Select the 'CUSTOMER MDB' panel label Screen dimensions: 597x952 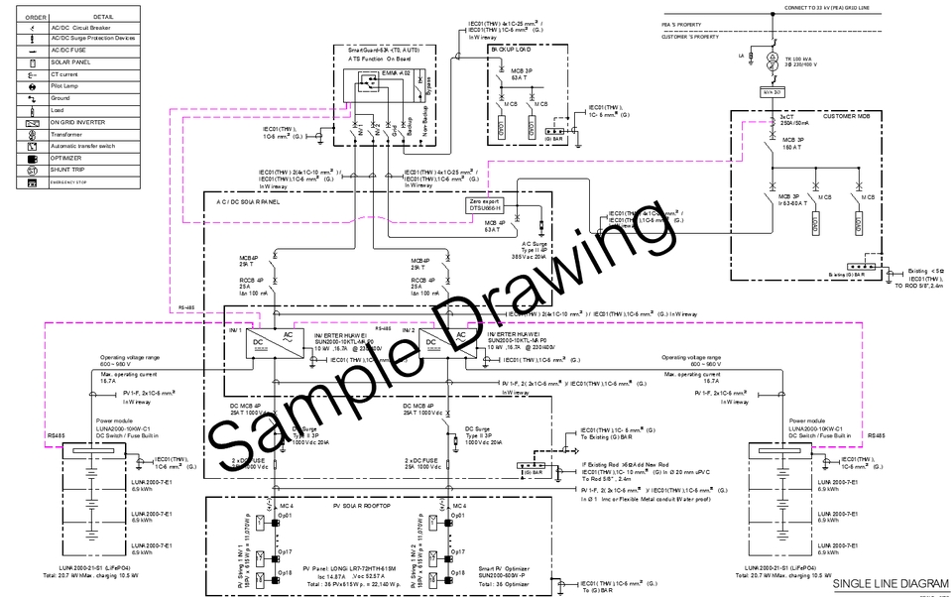(x=845, y=117)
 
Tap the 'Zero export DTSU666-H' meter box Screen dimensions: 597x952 (x=487, y=205)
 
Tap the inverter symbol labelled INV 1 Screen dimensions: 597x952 (x=270, y=341)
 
